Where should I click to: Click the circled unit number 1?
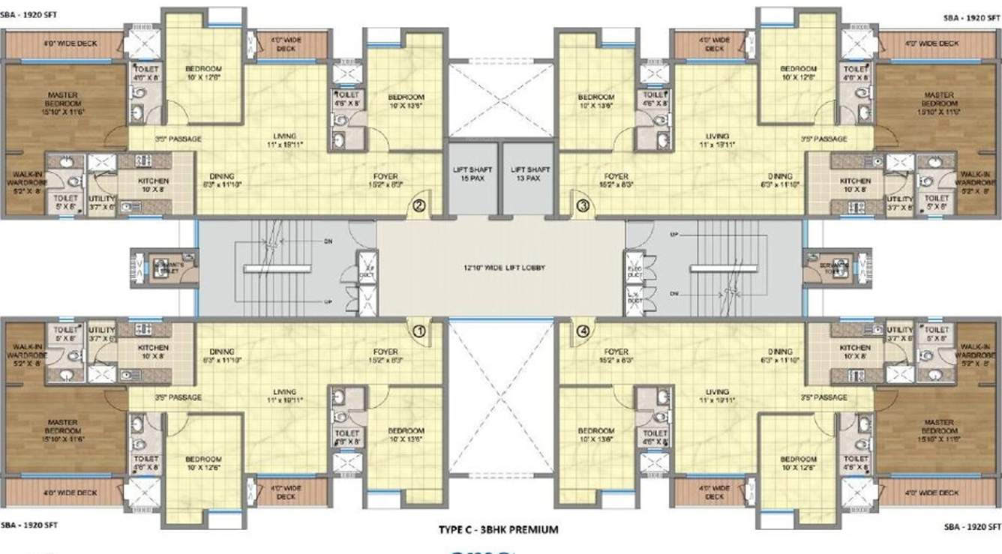(x=419, y=329)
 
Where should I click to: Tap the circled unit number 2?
(x=419, y=204)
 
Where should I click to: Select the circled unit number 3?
(x=583, y=204)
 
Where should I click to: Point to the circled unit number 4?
(x=583, y=329)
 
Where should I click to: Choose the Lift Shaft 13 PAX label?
(x=526, y=174)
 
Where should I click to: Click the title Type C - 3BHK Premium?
(x=498, y=529)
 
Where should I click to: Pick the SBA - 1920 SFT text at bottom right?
(x=973, y=524)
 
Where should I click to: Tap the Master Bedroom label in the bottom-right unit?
(x=938, y=430)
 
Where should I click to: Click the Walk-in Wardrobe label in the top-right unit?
(x=976, y=181)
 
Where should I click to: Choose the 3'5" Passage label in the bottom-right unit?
(x=823, y=397)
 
